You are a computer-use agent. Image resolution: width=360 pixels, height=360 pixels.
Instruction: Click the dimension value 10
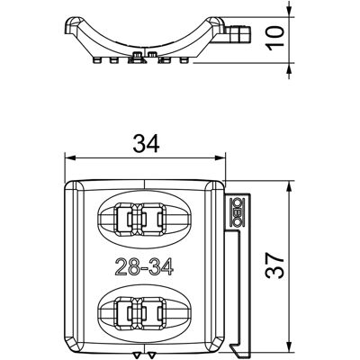[274, 38]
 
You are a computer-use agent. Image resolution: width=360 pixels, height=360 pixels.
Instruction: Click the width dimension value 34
[146, 143]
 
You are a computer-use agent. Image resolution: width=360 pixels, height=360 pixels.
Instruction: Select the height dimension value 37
[274, 265]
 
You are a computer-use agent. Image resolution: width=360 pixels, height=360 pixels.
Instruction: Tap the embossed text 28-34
[144, 266]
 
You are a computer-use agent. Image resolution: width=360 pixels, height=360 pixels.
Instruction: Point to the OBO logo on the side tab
[238, 212]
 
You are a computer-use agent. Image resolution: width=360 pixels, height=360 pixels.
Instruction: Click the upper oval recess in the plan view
[145, 218]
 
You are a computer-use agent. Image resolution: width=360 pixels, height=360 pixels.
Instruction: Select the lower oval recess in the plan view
[145, 311]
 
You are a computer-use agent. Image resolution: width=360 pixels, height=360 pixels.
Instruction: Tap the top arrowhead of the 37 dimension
[289, 186]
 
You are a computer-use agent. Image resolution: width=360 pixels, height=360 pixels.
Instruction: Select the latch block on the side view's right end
[239, 33]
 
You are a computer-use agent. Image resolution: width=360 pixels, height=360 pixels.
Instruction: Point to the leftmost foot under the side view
[97, 60]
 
